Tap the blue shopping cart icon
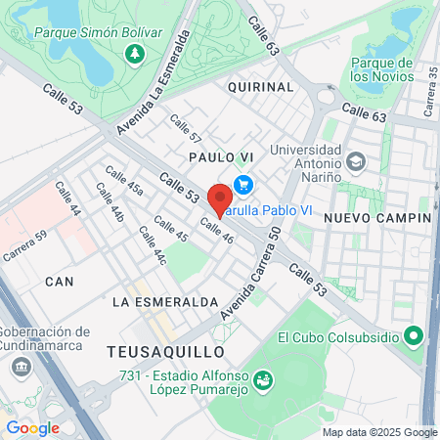[x=243, y=184]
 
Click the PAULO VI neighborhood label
[x=222, y=156]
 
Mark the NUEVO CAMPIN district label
[x=377, y=217]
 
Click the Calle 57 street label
[x=186, y=129]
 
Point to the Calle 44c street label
[x=153, y=246]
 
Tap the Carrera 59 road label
[x=24, y=248]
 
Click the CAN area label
[x=59, y=282]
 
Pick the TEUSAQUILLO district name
[x=166, y=351]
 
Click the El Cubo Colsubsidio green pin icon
[x=414, y=337]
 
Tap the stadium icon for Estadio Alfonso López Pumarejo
[x=262, y=378]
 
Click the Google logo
[x=32, y=428]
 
